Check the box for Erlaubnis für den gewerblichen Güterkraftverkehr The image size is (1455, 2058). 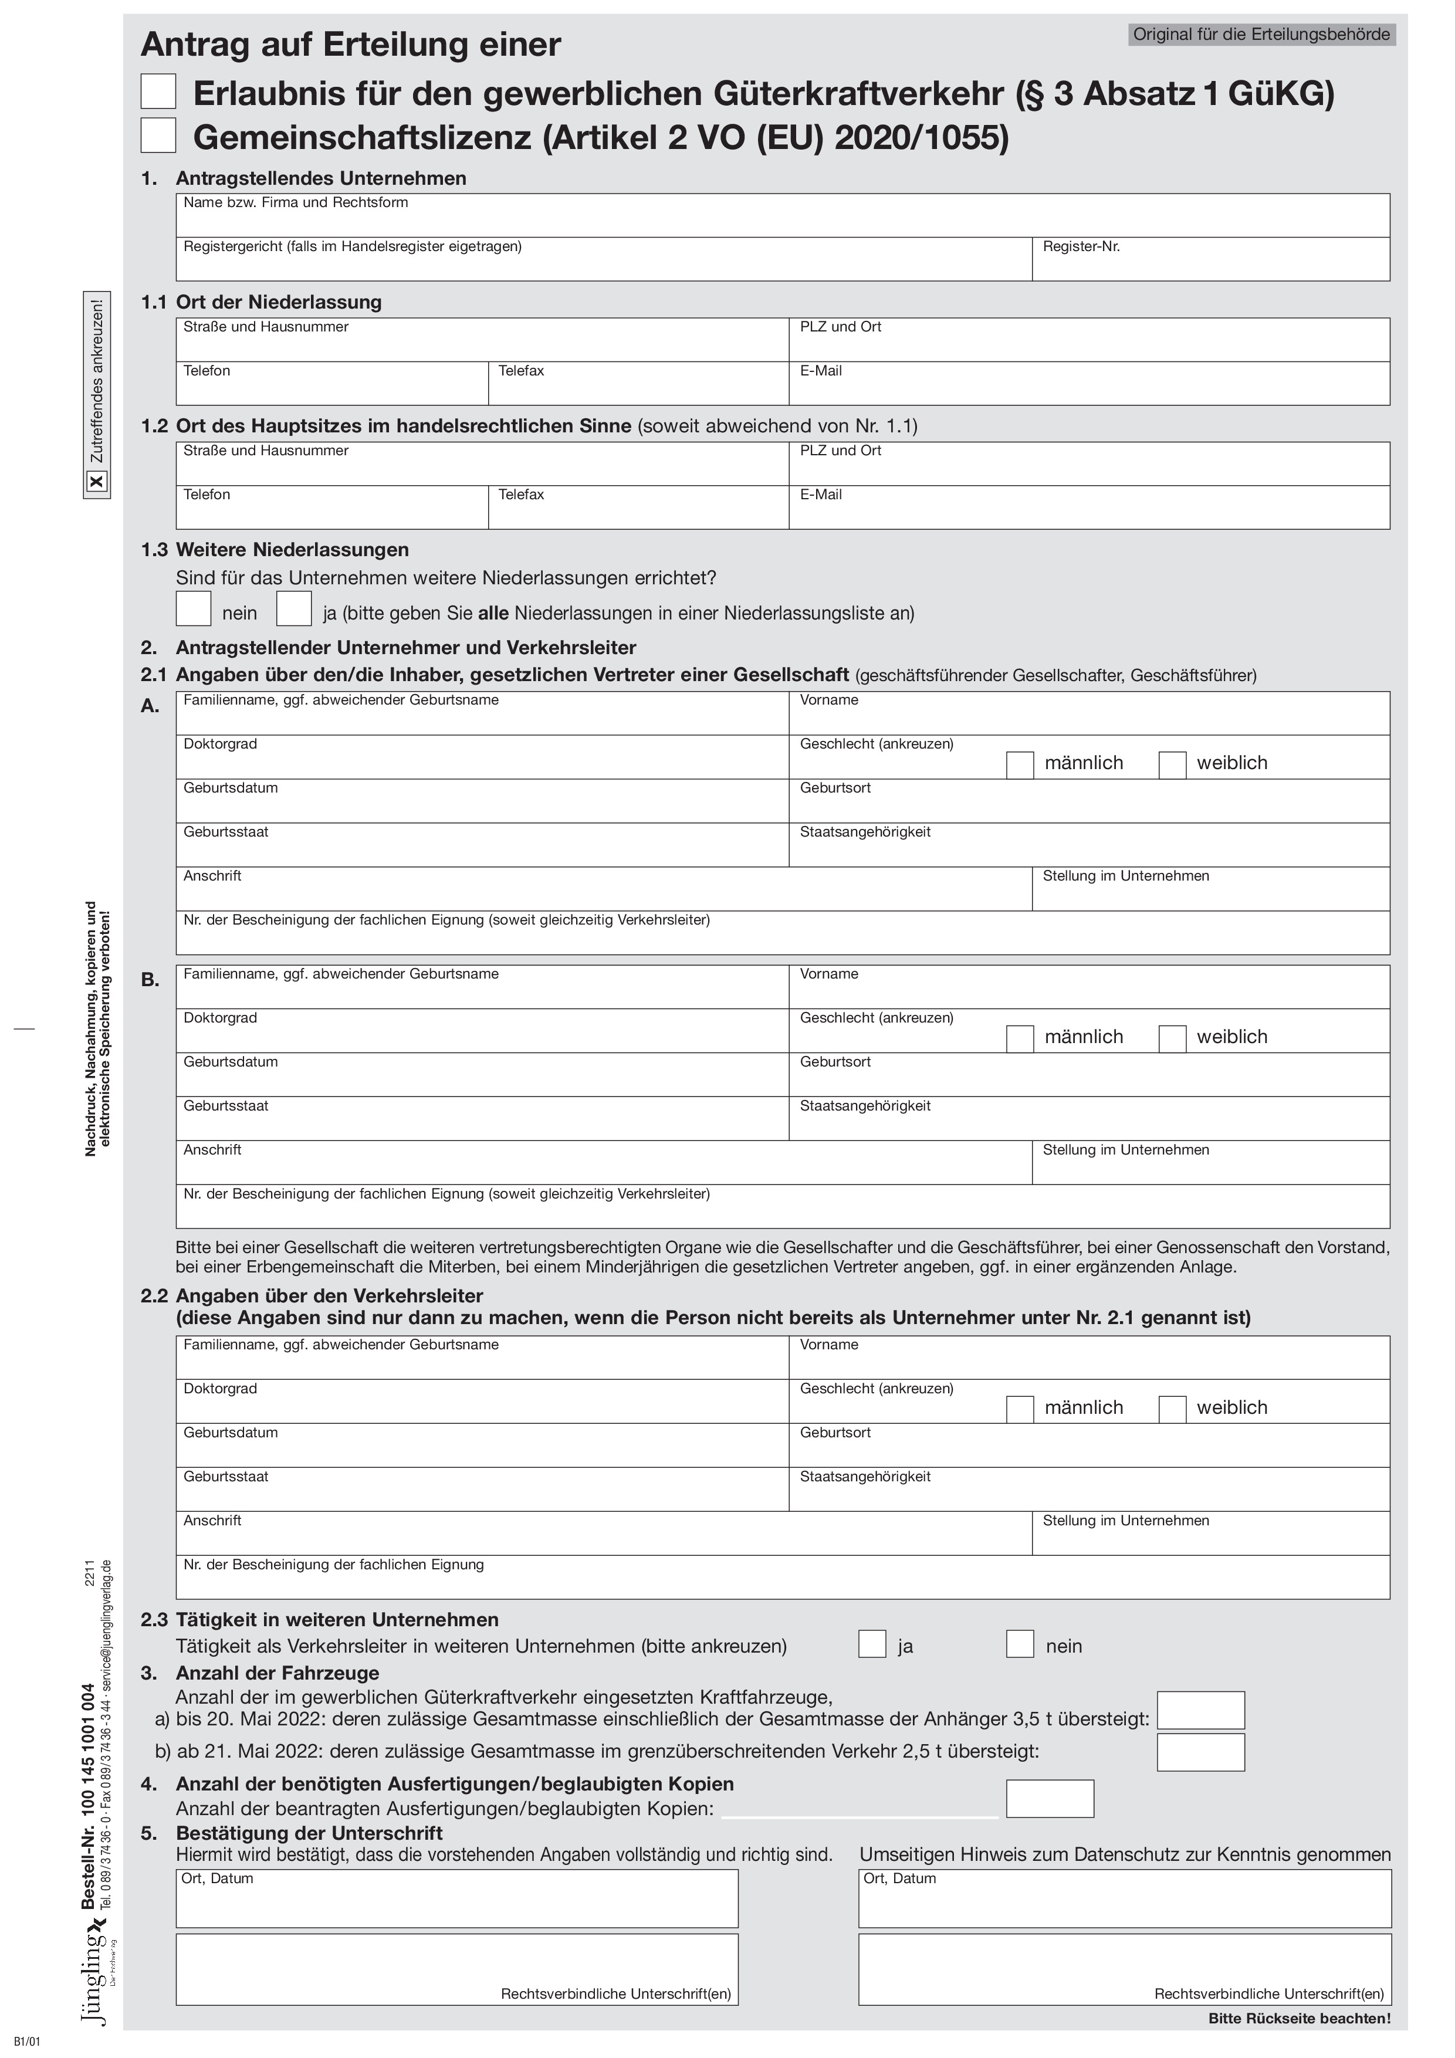click(158, 92)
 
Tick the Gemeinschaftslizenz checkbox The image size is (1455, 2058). click(158, 136)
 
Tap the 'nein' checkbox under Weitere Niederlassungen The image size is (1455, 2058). click(194, 608)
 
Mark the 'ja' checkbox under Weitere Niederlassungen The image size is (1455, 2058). click(294, 608)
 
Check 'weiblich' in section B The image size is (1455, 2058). click(1173, 1039)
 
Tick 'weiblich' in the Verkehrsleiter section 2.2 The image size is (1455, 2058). click(1173, 1409)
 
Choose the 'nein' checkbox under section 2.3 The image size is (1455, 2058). click(1020, 1644)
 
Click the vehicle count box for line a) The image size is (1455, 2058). click(1200, 1710)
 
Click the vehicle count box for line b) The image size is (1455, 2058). click(1200, 1752)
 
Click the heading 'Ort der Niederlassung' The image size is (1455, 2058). click(279, 302)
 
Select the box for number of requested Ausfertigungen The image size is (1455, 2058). click(1050, 1799)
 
